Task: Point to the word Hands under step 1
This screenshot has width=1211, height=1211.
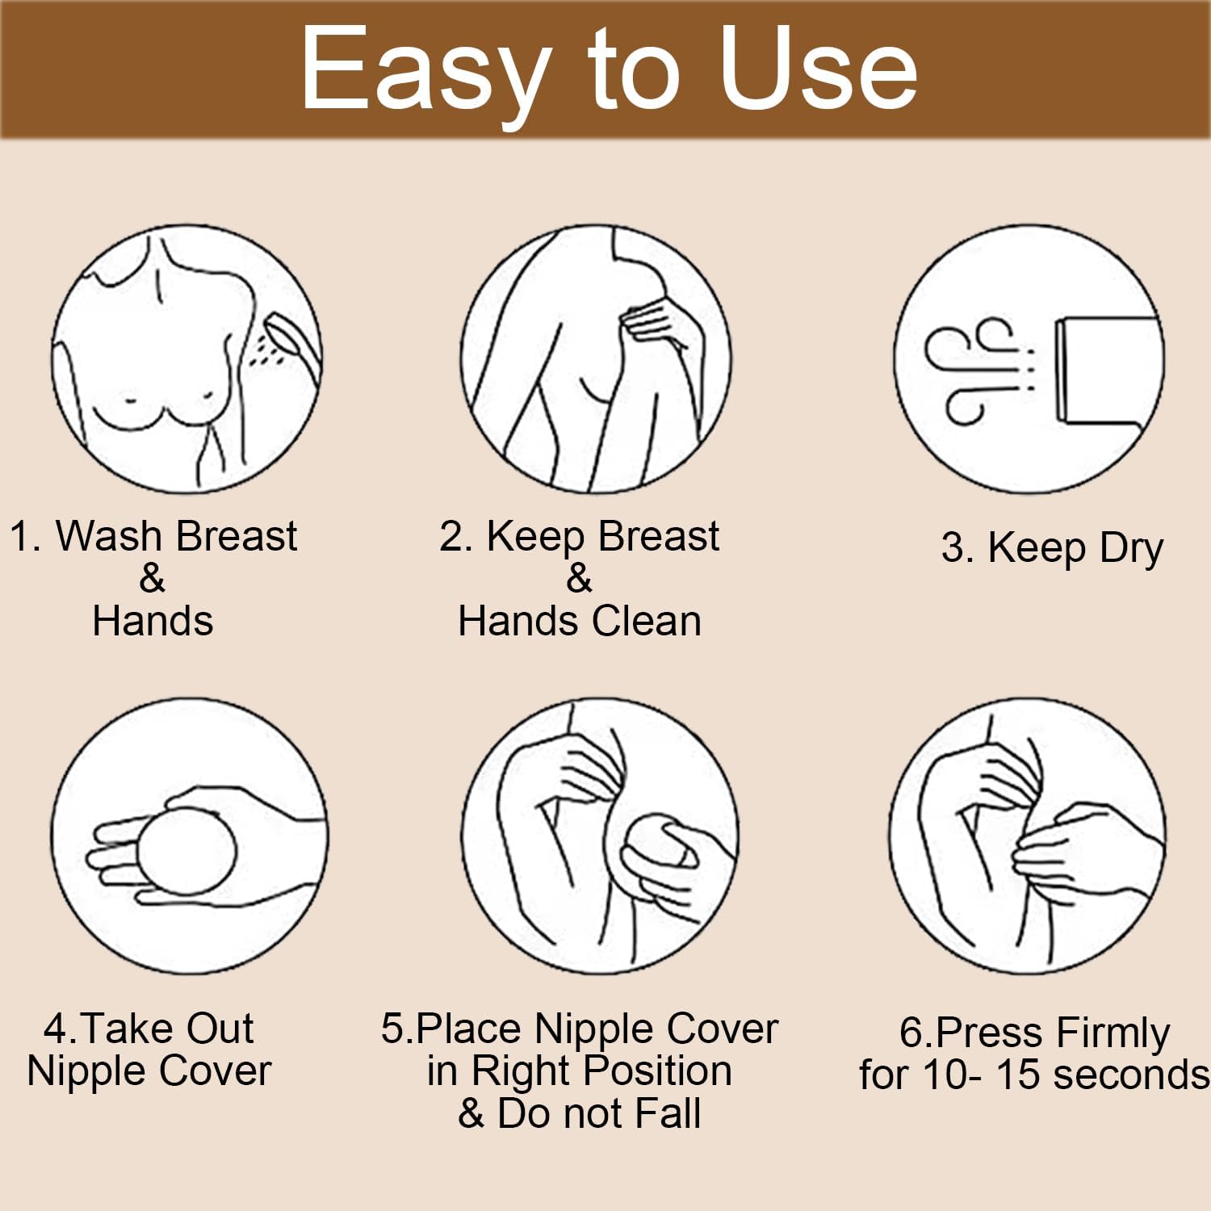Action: (x=153, y=622)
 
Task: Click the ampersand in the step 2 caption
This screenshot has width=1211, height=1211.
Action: (x=579, y=578)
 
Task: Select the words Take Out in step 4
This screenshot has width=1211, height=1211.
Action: (x=167, y=1029)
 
